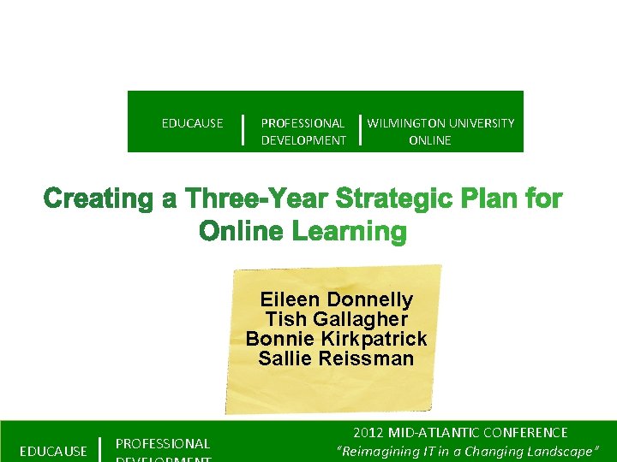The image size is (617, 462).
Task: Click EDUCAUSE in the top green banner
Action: (x=192, y=123)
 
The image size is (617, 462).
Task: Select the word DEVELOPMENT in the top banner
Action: (x=303, y=140)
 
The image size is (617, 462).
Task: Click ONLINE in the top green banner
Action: (x=430, y=140)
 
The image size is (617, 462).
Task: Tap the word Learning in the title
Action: (x=348, y=231)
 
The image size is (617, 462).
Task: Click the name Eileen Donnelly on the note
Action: (x=336, y=300)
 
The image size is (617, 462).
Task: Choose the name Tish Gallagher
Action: (x=336, y=319)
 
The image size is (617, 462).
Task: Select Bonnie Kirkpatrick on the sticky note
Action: (x=336, y=339)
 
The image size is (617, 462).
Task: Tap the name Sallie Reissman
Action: (x=336, y=358)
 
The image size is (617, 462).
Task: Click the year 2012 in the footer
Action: (x=370, y=433)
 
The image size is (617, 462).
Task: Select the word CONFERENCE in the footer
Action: (x=526, y=433)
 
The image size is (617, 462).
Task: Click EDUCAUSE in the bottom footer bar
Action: (x=53, y=451)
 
